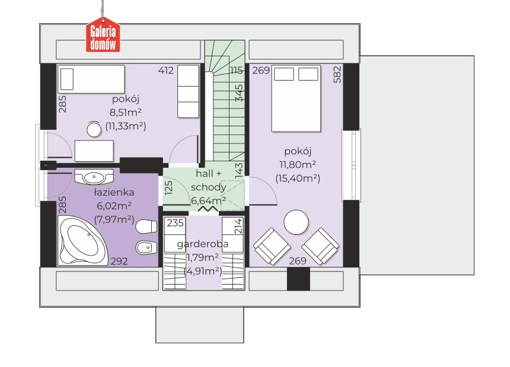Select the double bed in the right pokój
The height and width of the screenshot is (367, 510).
click(x=296, y=98)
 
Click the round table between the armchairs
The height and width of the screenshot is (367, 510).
click(x=296, y=222)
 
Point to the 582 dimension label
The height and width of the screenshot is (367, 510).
click(x=337, y=75)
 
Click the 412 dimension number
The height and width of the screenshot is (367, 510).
click(x=166, y=70)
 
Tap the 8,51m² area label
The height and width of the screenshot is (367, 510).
click(x=126, y=113)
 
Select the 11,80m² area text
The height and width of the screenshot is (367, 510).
click(x=298, y=164)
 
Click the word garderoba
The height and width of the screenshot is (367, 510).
click(x=202, y=244)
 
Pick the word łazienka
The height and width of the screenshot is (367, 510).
click(x=114, y=192)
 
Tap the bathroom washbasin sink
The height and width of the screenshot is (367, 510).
click(x=94, y=177)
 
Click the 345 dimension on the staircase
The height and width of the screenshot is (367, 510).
click(x=239, y=93)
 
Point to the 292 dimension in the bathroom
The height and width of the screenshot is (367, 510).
click(x=119, y=261)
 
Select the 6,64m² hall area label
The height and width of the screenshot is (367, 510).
click(x=209, y=200)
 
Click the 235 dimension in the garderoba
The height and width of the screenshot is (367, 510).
click(x=176, y=223)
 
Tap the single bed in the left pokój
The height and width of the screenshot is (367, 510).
click(x=91, y=79)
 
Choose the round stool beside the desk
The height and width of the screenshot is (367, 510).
click(x=94, y=129)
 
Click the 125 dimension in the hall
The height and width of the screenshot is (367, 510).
click(x=168, y=188)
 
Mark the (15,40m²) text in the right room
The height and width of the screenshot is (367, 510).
click(x=298, y=178)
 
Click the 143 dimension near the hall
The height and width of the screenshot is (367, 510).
click(x=239, y=170)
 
